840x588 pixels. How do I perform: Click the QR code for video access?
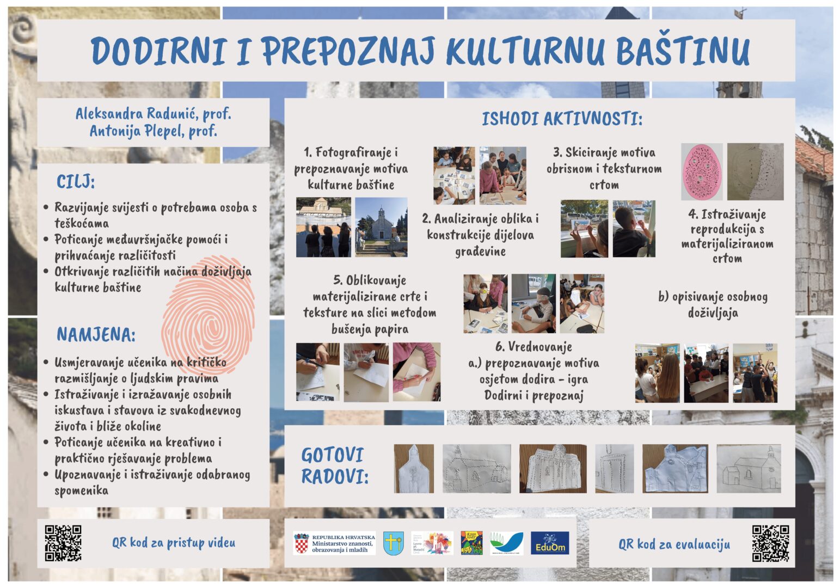(63, 543)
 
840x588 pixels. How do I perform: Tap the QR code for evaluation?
(770, 543)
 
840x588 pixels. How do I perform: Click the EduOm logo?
(550, 543)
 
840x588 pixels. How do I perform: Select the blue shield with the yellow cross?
(393, 543)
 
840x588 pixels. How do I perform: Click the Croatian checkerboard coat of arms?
(301, 543)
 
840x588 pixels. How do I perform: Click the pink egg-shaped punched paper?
(702, 172)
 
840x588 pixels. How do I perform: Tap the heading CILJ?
(76, 182)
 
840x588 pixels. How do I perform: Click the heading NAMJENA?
(96, 334)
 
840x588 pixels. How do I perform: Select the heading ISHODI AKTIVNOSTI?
(562, 119)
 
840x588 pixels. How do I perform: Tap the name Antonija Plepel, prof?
(153, 131)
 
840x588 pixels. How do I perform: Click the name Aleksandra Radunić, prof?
(153, 114)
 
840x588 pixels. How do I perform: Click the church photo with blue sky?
(381, 227)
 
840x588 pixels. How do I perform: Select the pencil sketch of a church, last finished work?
(749, 469)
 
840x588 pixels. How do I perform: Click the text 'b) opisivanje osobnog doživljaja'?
(713, 304)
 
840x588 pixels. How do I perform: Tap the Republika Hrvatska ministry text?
(342, 543)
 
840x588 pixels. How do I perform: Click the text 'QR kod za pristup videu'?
(174, 543)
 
